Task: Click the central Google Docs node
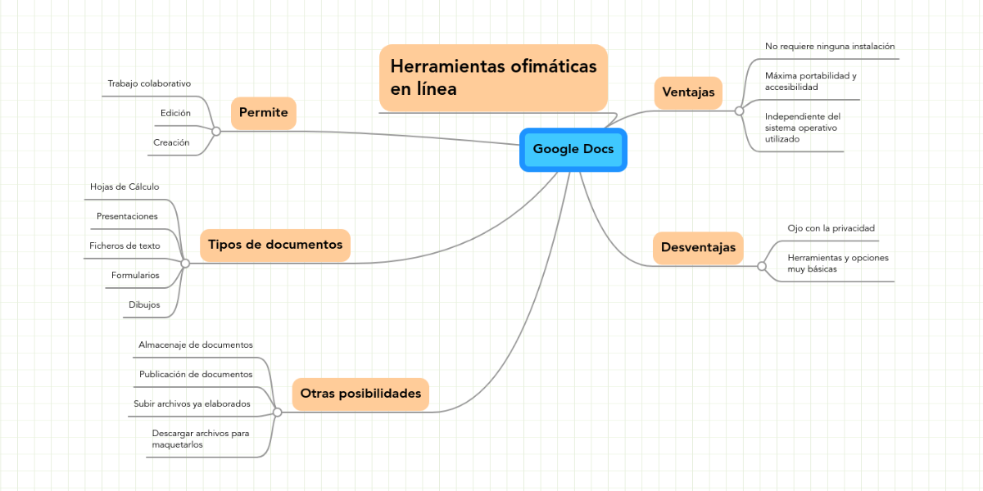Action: point(573,149)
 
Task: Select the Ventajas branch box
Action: point(688,92)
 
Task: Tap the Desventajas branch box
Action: point(698,247)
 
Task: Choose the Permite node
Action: point(263,113)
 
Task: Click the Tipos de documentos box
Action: point(275,245)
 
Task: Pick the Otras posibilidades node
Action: point(360,394)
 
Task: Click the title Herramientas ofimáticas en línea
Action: point(493,77)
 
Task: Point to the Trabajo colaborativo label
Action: point(149,83)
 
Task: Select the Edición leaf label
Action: point(175,113)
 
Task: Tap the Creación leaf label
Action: point(171,142)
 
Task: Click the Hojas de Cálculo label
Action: point(125,187)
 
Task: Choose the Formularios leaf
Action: point(135,275)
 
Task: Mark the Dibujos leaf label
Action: point(144,304)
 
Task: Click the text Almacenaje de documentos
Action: point(196,345)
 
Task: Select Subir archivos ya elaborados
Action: point(192,403)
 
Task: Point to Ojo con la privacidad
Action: point(831,227)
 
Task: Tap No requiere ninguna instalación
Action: point(830,47)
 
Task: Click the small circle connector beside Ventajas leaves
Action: point(739,110)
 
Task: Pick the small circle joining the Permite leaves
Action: point(216,131)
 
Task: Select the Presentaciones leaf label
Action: point(127,216)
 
